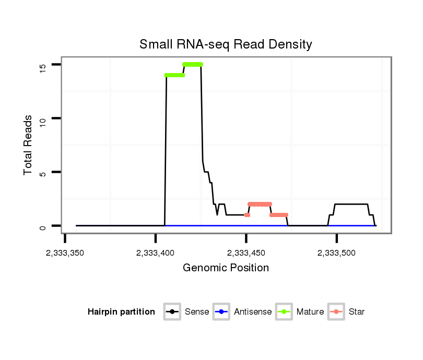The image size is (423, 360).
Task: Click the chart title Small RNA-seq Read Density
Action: point(226,44)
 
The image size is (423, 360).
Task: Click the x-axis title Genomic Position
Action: point(226,268)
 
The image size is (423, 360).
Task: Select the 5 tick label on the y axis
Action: point(43,173)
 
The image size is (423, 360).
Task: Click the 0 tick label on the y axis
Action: point(43,226)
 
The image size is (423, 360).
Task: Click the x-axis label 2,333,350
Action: point(65,253)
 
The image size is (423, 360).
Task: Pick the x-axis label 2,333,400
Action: point(155,253)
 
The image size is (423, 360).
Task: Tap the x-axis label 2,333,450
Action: point(246,253)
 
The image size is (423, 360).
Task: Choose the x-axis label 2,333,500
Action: point(337,253)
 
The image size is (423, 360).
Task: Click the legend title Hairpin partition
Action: point(121,312)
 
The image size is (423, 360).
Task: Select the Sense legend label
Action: point(197,312)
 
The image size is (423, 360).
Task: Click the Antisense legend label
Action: point(253,312)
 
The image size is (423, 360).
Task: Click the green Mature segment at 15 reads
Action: point(193,64)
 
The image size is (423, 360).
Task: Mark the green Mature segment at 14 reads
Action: point(174,75)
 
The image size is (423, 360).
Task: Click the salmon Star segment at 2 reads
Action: point(260,204)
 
